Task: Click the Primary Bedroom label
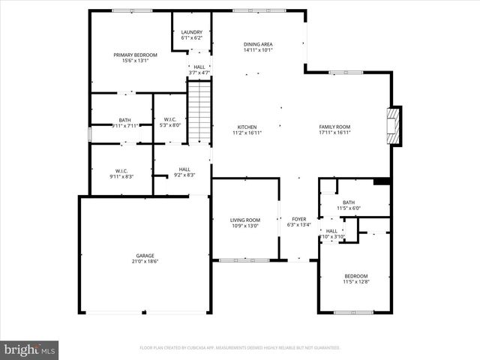pyautogui.click(x=136, y=57)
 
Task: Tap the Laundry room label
pyautogui.click(x=192, y=35)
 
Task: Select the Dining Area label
pyautogui.click(x=258, y=47)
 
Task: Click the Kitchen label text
pyautogui.click(x=247, y=130)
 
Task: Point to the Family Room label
pyautogui.click(x=334, y=130)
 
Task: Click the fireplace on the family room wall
pyautogui.click(x=394, y=126)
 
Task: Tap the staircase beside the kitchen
pyautogui.click(x=199, y=112)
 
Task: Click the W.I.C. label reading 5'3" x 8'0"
pyautogui.click(x=170, y=122)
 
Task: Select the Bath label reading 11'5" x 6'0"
pyautogui.click(x=349, y=204)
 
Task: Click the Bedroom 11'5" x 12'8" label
pyautogui.click(x=355, y=277)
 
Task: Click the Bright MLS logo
pyautogui.click(x=30, y=349)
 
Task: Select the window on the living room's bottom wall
pyautogui.click(x=243, y=260)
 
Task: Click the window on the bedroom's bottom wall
pyautogui.click(x=353, y=312)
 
